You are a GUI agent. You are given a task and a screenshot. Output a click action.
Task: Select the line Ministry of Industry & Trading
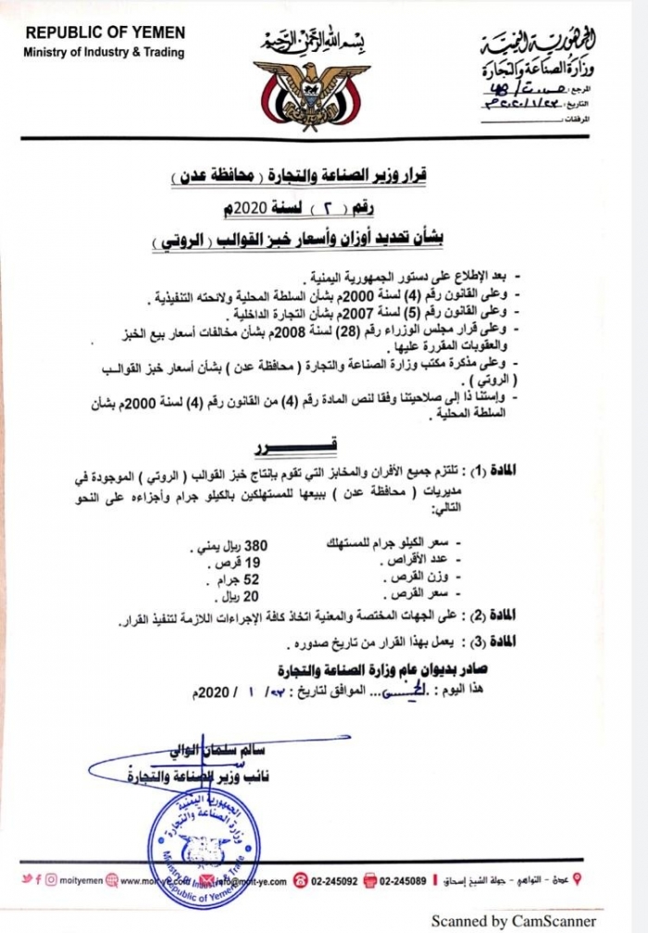click(x=105, y=52)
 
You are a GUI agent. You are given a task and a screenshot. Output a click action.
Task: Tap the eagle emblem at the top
click(x=312, y=87)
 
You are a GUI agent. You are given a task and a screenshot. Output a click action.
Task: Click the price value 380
click(x=255, y=545)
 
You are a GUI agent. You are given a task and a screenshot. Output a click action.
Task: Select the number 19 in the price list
click(x=250, y=562)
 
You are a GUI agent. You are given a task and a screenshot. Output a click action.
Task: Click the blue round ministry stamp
click(x=202, y=846)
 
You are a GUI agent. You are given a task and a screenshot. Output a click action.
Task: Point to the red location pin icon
click(x=579, y=879)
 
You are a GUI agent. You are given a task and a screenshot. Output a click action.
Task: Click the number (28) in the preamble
click(x=368, y=327)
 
